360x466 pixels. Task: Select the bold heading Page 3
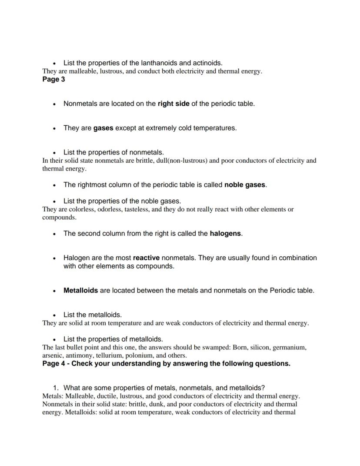coord(53,79)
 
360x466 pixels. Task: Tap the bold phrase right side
coord(173,104)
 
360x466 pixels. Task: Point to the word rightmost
coord(93,184)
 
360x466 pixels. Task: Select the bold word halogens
coord(225,233)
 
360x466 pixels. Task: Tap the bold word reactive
coord(147,258)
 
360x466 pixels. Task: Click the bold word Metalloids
coord(80,290)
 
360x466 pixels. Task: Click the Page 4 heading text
coord(166,363)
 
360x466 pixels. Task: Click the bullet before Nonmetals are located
coord(54,104)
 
